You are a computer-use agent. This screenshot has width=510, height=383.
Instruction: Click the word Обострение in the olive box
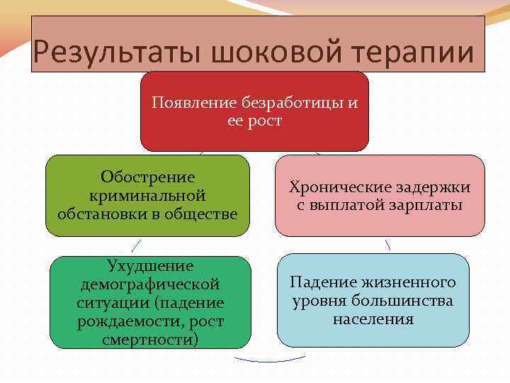pos(147,177)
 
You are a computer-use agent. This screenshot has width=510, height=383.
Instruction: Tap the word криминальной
pos(147,194)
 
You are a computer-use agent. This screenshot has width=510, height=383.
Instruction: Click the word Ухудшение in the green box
pos(149,266)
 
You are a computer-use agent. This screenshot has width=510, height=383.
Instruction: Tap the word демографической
pos(149,284)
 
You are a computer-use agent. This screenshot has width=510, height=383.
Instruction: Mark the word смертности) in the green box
pos(149,340)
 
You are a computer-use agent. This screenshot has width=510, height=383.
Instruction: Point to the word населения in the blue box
pos(373,319)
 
